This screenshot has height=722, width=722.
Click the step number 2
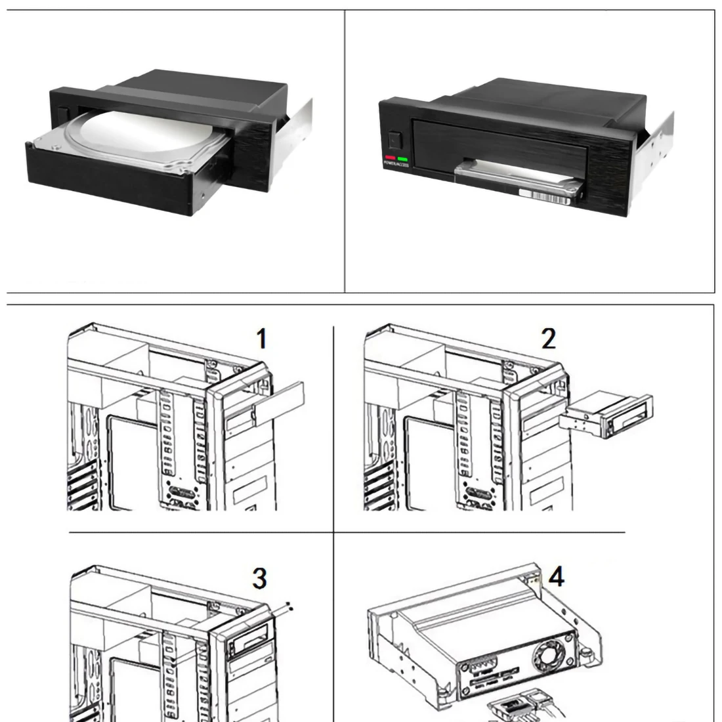click(x=548, y=339)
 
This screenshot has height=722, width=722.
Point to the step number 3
click(x=260, y=579)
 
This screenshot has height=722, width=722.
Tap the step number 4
click(x=556, y=577)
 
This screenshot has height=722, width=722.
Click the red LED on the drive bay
click(x=390, y=158)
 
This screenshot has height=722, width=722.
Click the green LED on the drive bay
click(x=402, y=158)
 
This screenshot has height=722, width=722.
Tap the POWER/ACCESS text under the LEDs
click(x=396, y=165)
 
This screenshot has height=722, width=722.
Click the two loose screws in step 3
click(x=289, y=606)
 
